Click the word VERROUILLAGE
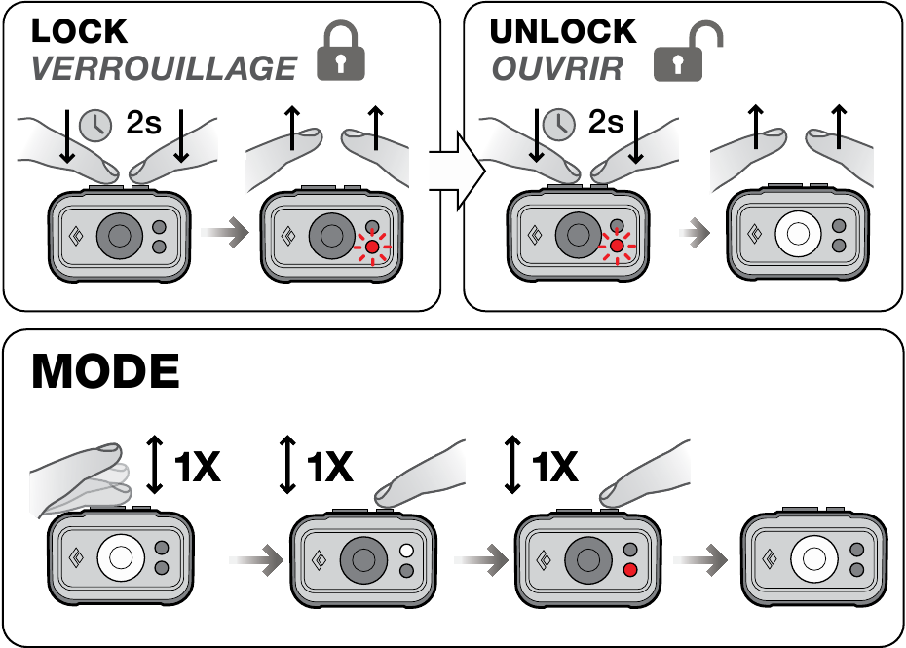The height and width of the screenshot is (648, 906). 163,68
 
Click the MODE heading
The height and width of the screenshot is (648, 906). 105,373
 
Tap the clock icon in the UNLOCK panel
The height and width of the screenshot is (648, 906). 555,123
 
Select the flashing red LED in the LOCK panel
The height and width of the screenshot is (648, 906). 371,248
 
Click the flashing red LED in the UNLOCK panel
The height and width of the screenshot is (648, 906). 616,248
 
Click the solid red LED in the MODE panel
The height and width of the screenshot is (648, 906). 629,570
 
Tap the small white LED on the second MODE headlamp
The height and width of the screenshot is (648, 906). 406,552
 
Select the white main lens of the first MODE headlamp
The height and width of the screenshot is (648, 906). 121,557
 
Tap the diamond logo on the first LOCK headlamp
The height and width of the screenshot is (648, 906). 77,235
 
